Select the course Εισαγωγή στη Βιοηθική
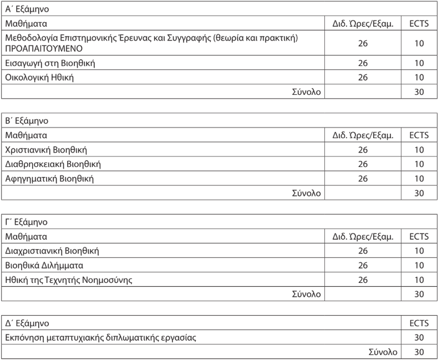(50, 63)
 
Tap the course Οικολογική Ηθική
(40, 77)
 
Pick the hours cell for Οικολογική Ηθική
(363, 77)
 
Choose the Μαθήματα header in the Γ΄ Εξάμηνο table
(26, 236)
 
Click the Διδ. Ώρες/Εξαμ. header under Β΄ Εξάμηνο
(363, 135)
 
